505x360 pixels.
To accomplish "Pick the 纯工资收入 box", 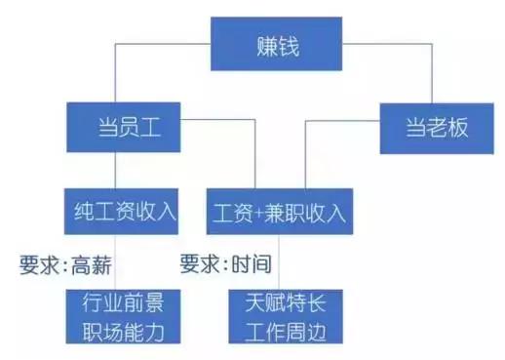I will pos(122,209).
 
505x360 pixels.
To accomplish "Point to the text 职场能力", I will pos(123,331).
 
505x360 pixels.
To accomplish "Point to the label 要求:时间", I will pos(224,262).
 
